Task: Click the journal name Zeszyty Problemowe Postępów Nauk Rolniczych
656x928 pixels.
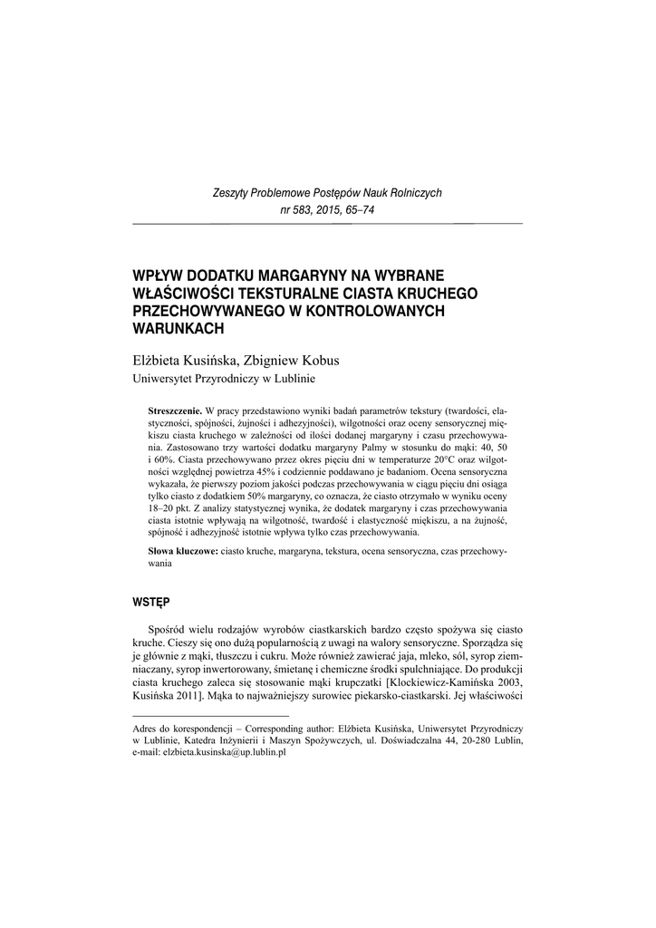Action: (327, 194)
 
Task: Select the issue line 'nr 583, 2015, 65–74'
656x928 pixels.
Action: (327, 210)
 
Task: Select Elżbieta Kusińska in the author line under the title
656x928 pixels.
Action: (185, 359)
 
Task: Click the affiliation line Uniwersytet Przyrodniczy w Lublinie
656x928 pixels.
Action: (223, 378)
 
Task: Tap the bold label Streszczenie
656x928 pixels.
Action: (175, 411)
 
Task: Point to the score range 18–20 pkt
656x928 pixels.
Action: (172, 509)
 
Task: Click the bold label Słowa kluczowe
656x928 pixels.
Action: (182, 551)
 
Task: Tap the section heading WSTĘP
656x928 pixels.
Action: (150, 600)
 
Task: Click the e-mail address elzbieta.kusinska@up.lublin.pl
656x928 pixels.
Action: (209, 752)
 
